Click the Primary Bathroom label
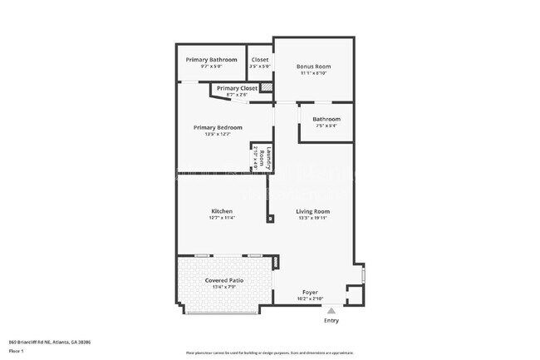(x=211, y=60)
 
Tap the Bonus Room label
(x=313, y=67)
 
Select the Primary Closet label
(x=237, y=88)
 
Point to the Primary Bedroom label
(x=218, y=127)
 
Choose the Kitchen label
(x=221, y=211)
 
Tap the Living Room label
(x=313, y=211)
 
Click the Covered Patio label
(x=223, y=281)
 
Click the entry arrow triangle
(x=331, y=309)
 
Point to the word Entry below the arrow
(x=331, y=320)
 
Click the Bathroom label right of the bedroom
(x=326, y=119)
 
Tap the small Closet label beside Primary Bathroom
(x=259, y=60)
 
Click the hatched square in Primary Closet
(x=267, y=86)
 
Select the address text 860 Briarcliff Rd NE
(x=49, y=342)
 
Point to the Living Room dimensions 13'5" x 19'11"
(x=313, y=219)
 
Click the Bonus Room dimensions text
(x=313, y=73)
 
